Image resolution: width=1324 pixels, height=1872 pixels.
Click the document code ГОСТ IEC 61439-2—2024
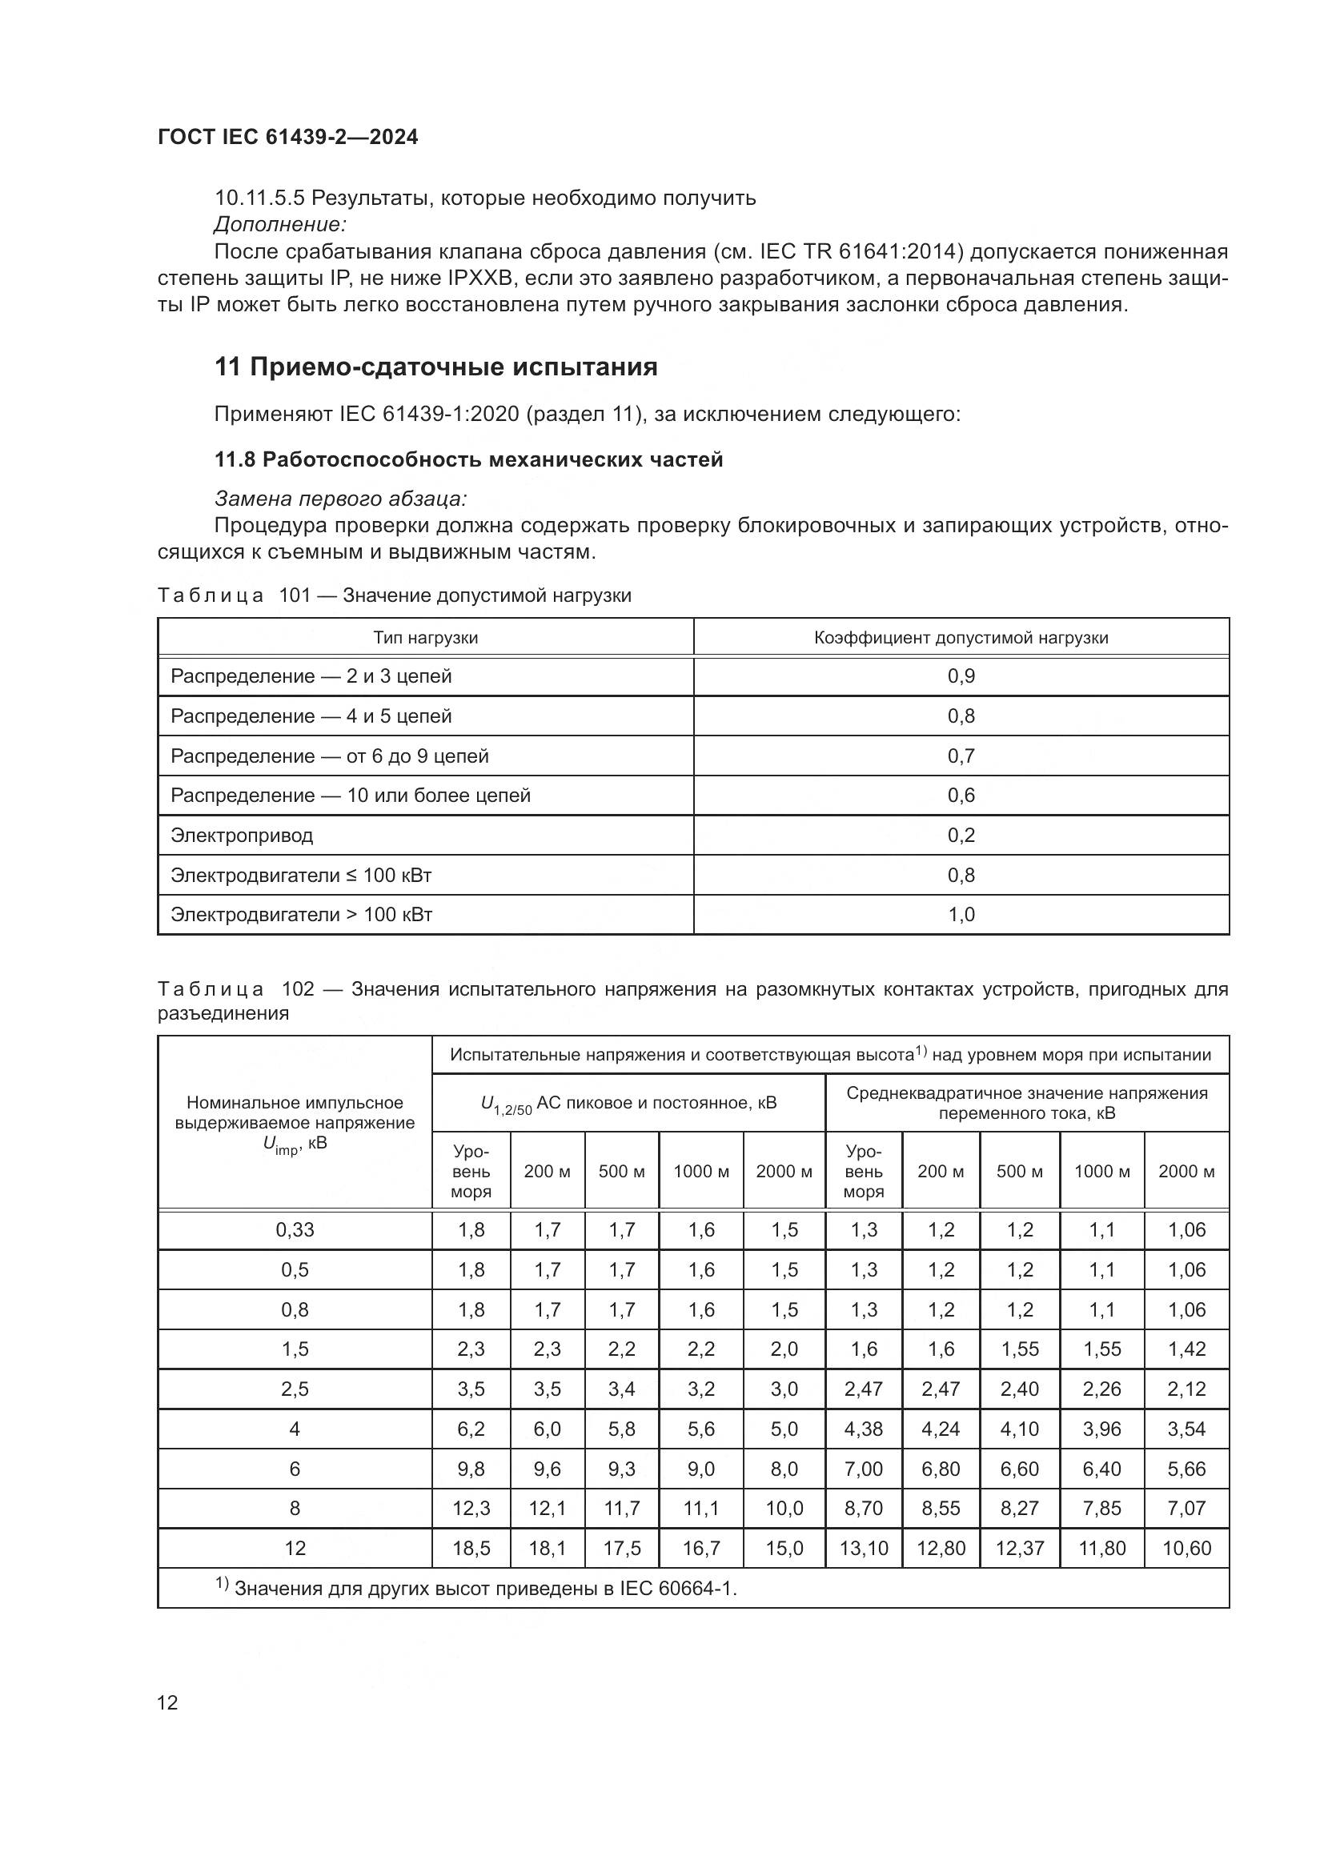click(x=288, y=137)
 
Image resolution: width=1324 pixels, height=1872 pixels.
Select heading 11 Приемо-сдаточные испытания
click(x=435, y=367)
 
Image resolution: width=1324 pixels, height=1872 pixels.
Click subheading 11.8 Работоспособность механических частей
click(x=469, y=460)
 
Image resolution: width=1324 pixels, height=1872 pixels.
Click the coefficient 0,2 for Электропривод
click(x=961, y=835)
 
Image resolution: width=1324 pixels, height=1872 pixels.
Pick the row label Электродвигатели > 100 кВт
click(x=301, y=915)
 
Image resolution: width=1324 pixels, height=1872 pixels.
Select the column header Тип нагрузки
click(x=426, y=638)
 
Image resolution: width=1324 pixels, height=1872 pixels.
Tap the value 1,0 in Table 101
click(x=961, y=915)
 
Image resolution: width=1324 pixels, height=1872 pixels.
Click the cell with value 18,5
click(x=471, y=1548)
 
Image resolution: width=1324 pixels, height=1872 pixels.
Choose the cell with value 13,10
click(x=864, y=1548)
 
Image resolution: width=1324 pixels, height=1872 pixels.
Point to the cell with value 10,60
click(x=1186, y=1548)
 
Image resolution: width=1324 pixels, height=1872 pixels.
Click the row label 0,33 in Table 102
click(x=295, y=1229)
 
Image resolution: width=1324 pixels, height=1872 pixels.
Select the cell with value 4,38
click(x=864, y=1429)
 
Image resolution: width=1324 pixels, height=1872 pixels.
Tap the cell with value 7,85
click(x=1101, y=1509)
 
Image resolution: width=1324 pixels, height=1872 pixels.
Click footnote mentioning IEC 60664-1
click(x=476, y=1587)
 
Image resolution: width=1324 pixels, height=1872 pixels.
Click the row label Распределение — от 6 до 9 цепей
click(x=329, y=756)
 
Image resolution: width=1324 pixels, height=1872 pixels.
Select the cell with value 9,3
click(x=621, y=1469)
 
